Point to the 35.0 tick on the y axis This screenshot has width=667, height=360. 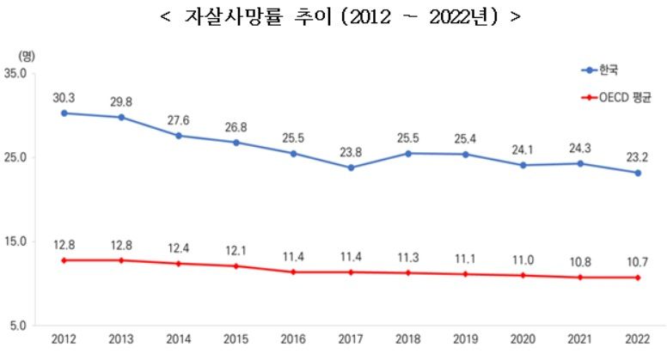[17, 74]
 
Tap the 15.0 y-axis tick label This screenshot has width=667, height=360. [17, 241]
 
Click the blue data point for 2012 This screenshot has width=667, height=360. [64, 113]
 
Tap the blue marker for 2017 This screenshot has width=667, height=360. [351, 168]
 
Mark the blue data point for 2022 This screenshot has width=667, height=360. [638, 173]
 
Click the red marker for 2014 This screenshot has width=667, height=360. [178, 264]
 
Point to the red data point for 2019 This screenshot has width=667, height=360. [465, 274]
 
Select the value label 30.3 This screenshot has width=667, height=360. [64, 96]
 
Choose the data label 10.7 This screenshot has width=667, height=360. [638, 261]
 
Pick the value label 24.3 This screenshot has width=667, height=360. [580, 147]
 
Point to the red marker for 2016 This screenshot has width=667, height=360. [293, 272]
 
